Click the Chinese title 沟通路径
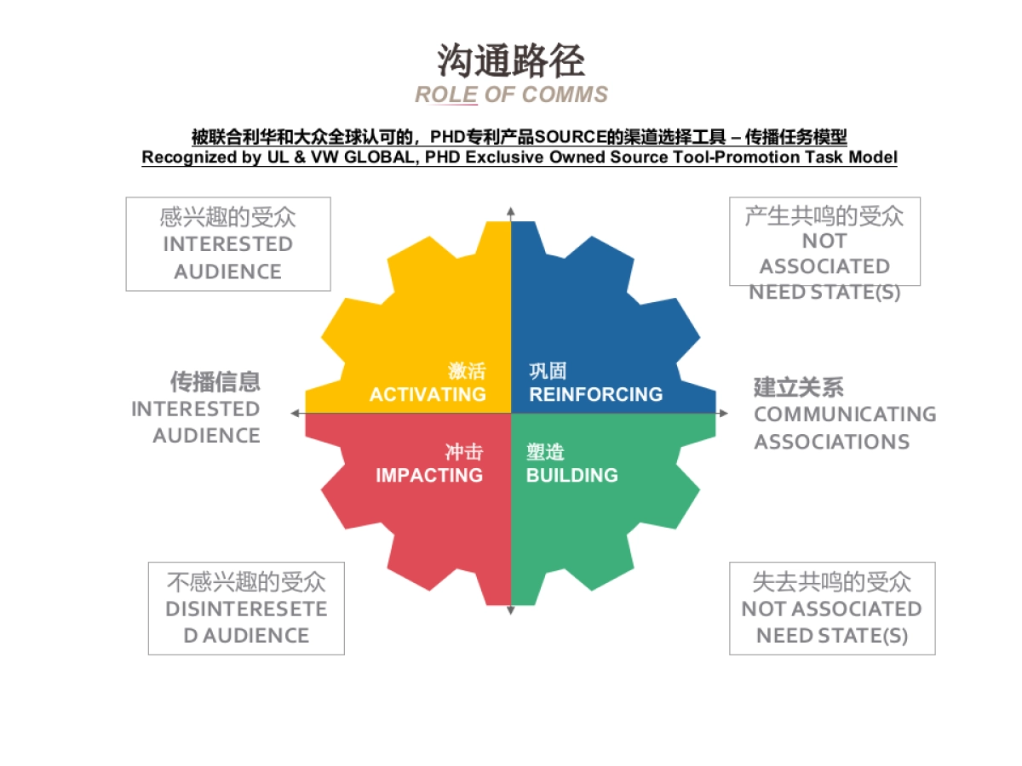coord(511,61)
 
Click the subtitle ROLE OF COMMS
coord(511,94)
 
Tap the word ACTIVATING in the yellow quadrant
coord(428,394)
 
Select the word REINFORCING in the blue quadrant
coord(595,394)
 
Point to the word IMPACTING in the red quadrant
coord(429,475)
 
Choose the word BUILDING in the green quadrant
coord(571,475)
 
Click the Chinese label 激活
coord(467,371)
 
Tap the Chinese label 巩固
coord(548,371)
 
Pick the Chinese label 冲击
coord(463,452)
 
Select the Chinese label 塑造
coord(545,452)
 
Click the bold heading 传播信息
coord(215,380)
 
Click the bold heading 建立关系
coord(799,387)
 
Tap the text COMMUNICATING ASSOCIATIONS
coord(844,428)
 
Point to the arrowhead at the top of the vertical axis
coord(511,209)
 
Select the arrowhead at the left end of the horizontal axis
coord(295,413)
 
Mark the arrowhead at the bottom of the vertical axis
coord(511,610)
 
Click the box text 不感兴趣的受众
coord(246,582)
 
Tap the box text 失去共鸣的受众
coord(831,582)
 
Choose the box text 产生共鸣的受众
coord(824,215)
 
